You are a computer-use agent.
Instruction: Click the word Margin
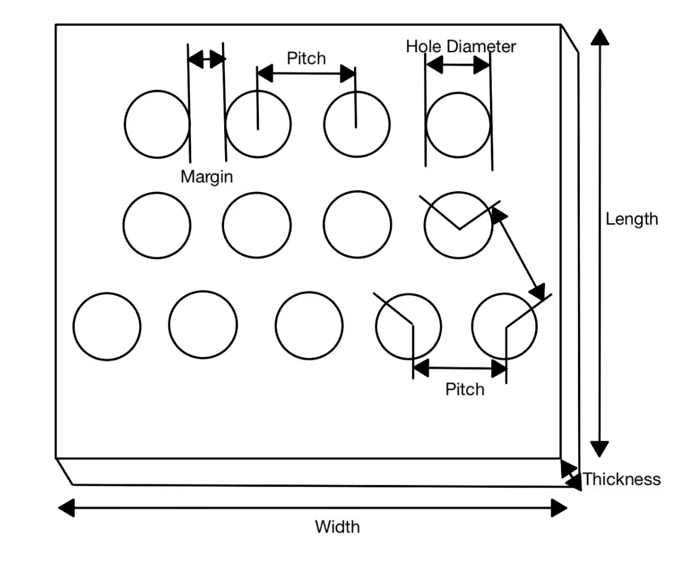[x=206, y=177]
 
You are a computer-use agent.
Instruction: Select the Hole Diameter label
[x=461, y=46]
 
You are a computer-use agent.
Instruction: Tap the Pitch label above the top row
[x=306, y=58]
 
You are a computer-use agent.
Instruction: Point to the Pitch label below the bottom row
[x=464, y=389]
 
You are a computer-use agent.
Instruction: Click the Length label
[x=631, y=219]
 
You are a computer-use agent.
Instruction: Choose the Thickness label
[x=621, y=479]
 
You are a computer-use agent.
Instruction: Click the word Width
[x=337, y=526]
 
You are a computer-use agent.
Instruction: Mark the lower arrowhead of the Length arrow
[x=599, y=449]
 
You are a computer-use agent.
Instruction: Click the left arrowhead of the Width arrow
[x=66, y=508]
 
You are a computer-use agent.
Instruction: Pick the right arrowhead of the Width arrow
[x=560, y=508]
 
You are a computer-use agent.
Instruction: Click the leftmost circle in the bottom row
[x=107, y=326]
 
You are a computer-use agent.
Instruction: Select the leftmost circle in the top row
[x=157, y=124]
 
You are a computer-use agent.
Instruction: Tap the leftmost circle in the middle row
[x=157, y=225]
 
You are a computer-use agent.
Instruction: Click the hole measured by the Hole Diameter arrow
[x=458, y=125]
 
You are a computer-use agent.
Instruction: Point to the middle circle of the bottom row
[x=309, y=326]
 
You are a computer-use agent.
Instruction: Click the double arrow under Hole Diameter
[x=458, y=65]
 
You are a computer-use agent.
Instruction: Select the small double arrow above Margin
[x=206, y=59]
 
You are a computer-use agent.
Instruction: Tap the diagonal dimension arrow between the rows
[x=519, y=254]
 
